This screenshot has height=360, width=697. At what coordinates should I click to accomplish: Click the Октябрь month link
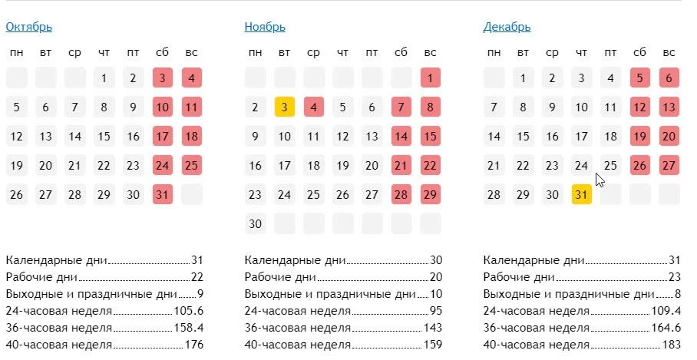pos(29,27)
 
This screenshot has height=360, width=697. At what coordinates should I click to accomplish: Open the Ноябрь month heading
pos(265,27)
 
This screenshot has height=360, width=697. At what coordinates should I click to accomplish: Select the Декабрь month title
pos(507,27)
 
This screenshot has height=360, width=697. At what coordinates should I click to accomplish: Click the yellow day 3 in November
pos(284,107)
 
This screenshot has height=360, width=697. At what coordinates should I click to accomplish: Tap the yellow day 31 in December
pos(581,195)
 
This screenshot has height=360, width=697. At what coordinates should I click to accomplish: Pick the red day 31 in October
pos(163,195)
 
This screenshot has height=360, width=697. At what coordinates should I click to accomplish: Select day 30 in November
pos(255,224)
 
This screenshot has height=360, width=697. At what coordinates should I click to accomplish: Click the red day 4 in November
pos(313,107)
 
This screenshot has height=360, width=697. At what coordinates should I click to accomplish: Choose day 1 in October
pos(104,78)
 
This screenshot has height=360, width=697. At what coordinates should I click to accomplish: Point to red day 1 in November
pos(431,78)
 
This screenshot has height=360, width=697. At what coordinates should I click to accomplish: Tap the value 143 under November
pos(433,328)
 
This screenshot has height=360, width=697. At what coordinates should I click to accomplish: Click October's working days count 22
pos(197,277)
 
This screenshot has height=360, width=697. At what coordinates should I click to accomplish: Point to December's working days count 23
pos(675,277)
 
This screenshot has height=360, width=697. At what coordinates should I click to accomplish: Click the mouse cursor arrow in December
pos(600,180)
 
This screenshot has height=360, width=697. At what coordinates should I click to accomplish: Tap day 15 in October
pos(104,137)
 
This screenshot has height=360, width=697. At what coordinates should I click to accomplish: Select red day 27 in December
pos(669,166)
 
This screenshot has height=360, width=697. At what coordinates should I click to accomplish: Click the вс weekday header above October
pos(192,52)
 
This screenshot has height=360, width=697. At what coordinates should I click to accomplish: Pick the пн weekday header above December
pos(494,52)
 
